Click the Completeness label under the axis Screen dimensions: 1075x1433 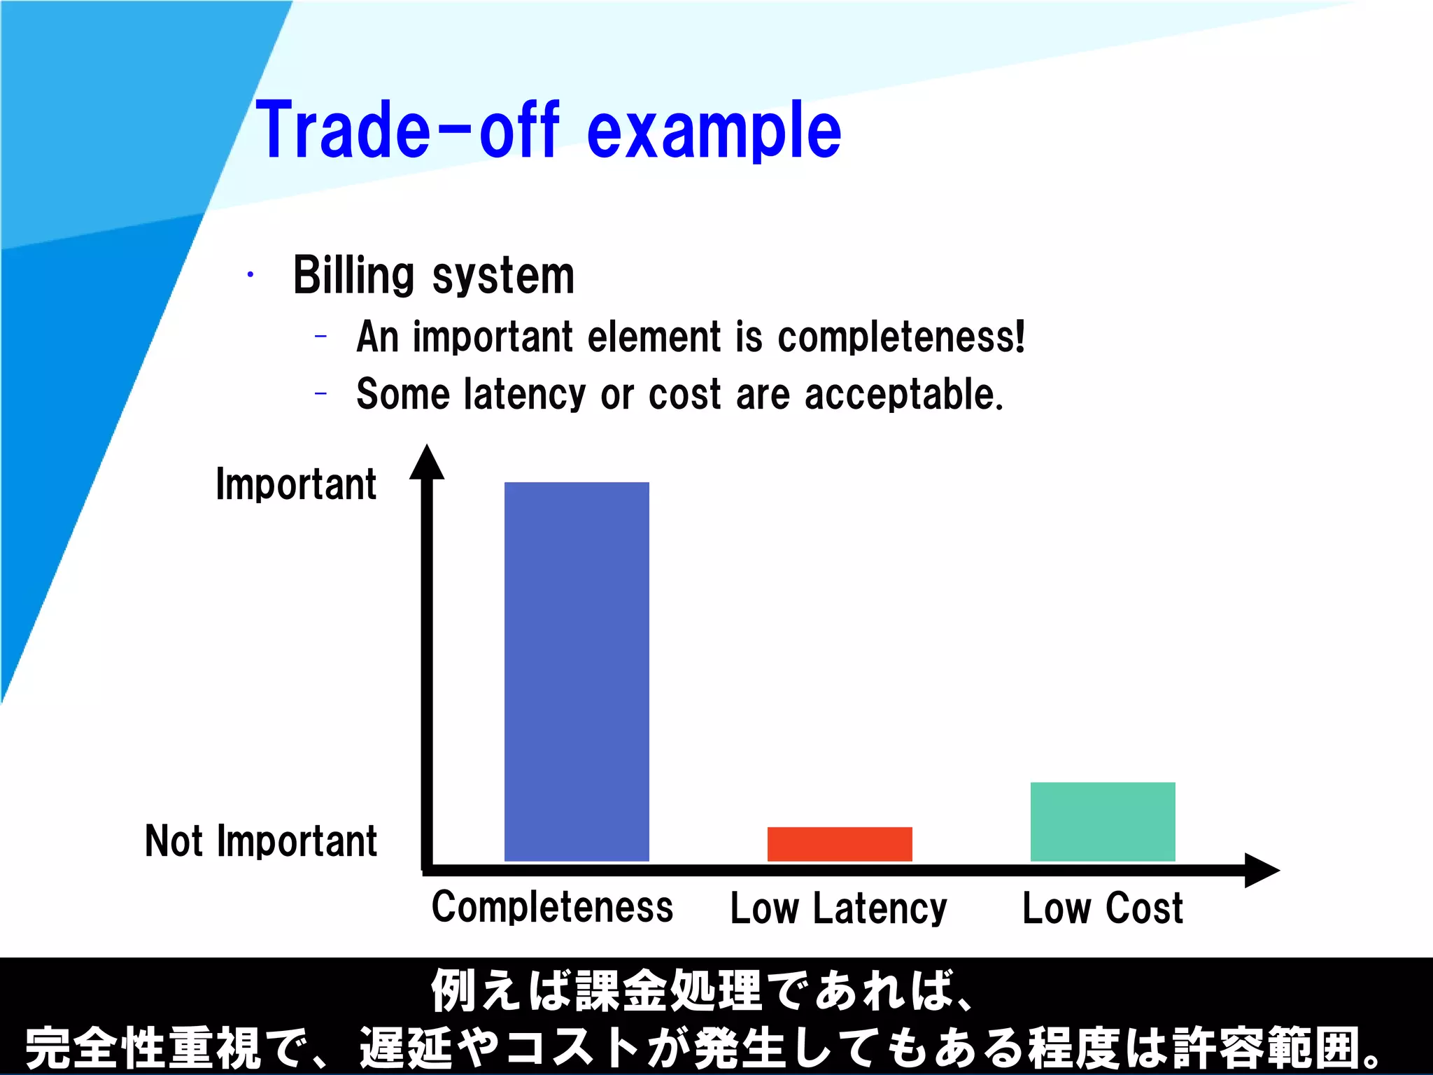pos(552,907)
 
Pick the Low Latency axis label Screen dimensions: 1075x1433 pos(838,908)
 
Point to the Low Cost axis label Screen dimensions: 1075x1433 pos(1102,908)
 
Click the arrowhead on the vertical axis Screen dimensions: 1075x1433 pos(427,463)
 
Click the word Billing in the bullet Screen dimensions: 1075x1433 pos(353,275)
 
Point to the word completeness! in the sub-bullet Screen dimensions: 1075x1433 pos(901,337)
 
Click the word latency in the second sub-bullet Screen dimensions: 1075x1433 pos(525,394)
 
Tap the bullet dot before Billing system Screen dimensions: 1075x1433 pos(250,275)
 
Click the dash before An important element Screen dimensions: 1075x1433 pos(320,337)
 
